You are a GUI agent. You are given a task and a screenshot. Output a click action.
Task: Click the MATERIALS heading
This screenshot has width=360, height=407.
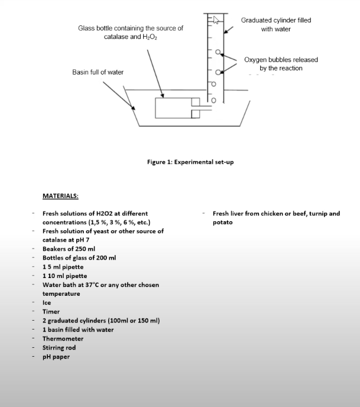click(60, 195)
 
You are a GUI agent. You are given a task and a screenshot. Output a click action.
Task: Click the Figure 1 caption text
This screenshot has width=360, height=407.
click(190, 161)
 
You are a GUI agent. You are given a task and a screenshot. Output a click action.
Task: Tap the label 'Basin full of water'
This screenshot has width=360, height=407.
click(98, 72)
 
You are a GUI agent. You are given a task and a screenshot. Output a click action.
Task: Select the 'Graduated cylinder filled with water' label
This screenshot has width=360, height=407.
click(275, 24)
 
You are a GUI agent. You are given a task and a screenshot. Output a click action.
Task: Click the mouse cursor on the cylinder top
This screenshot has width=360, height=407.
click(216, 20)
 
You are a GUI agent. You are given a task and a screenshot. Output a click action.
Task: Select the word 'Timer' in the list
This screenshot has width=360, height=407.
click(51, 312)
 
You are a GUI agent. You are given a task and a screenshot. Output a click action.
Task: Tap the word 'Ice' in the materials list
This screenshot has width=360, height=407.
click(47, 303)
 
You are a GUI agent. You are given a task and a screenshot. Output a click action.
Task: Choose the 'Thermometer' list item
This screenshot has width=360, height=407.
click(63, 339)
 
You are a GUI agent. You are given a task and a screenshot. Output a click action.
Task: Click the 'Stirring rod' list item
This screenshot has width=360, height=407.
click(59, 348)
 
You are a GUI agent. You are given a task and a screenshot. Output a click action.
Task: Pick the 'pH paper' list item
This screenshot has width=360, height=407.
click(56, 357)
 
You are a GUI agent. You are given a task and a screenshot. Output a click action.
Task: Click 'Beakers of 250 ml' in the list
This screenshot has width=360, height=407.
click(69, 249)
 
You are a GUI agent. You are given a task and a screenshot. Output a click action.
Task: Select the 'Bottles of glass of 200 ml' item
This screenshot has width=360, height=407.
click(79, 258)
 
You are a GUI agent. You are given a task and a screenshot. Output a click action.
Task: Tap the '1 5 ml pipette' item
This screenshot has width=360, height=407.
click(63, 267)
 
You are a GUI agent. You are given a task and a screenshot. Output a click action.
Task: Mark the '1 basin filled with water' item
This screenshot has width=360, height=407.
click(78, 330)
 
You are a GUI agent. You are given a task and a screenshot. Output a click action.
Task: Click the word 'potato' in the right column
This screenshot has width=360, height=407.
click(222, 222)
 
